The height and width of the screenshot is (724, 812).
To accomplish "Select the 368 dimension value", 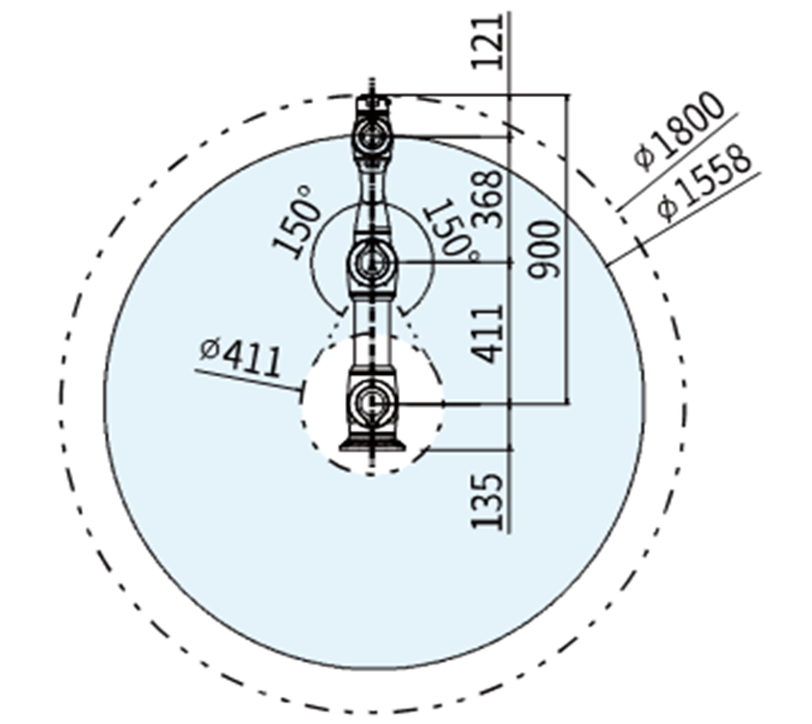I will click(490, 198).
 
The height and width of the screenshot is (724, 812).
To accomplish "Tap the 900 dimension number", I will click(545, 248).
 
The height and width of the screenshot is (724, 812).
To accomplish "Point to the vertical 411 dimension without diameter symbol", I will click(490, 333).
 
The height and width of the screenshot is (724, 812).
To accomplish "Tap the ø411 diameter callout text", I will click(241, 357).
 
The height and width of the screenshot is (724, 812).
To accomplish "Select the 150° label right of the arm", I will click(451, 230).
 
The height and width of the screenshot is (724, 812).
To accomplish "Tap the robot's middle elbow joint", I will click(371, 260).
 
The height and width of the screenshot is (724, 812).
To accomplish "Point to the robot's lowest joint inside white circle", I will click(371, 403).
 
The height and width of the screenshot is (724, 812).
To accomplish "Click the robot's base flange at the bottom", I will click(371, 443).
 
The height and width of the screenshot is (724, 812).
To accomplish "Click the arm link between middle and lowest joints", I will click(371, 332).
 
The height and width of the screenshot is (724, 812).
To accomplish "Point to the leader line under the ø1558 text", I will click(687, 217).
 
